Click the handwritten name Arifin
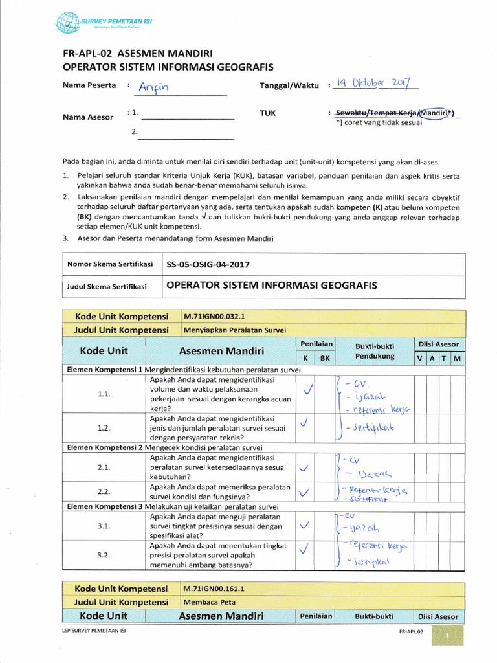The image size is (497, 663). (x=156, y=88)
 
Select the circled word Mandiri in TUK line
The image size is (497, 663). (x=434, y=113)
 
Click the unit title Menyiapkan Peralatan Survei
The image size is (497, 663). (x=234, y=330)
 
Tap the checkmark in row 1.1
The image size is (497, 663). (x=307, y=388)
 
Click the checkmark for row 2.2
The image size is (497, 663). (x=305, y=493)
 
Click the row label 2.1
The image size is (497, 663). (x=104, y=467)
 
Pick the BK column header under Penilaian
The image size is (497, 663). (x=325, y=358)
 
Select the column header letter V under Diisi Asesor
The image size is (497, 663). (x=420, y=358)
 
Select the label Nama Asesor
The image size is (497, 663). (x=87, y=117)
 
